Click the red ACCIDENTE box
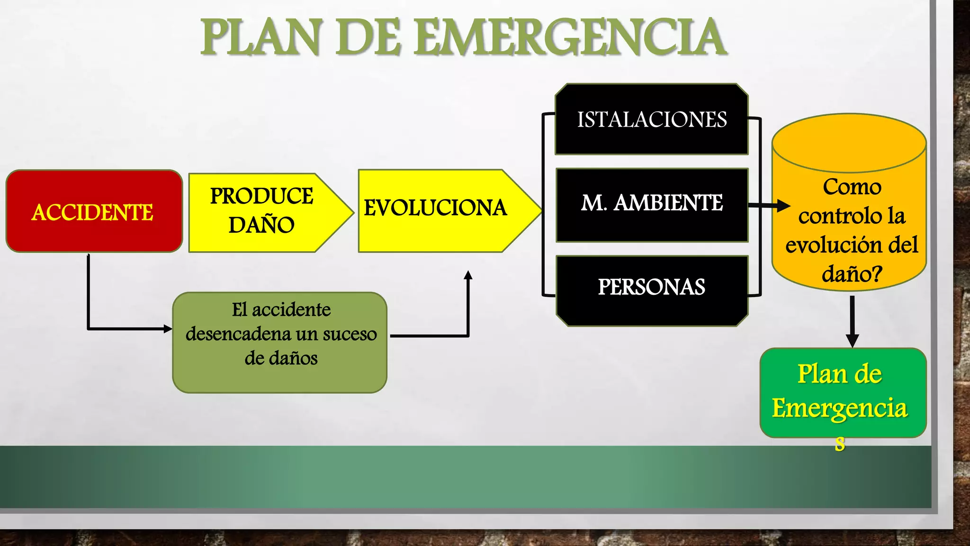click(94, 211)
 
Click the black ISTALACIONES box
click(651, 119)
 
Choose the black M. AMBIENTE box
click(652, 204)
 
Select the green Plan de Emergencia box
click(843, 392)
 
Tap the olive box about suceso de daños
click(280, 342)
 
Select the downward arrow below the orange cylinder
click(852, 322)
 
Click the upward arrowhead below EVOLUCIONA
click(468, 275)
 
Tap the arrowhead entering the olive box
click(168, 328)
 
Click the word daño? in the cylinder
click(852, 273)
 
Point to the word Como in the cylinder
click(852, 187)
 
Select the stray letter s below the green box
click(840, 445)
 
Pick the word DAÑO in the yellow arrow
click(261, 225)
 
